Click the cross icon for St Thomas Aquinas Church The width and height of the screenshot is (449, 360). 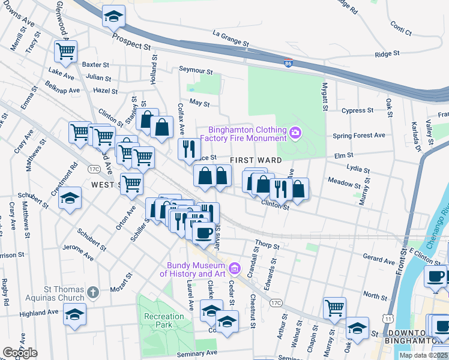point(92,292)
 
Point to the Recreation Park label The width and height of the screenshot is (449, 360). point(164,320)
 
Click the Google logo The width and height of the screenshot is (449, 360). point(20,352)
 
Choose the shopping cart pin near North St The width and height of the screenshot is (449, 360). point(334,308)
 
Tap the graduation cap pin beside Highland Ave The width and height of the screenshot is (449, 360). point(74,314)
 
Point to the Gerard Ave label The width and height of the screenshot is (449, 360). point(379,260)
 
